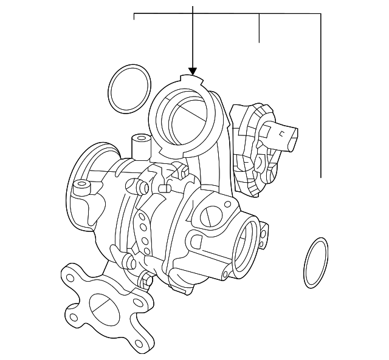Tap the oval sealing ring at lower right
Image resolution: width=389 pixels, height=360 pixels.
315,263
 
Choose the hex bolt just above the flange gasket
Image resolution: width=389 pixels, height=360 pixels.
145,280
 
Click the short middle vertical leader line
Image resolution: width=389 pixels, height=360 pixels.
260,28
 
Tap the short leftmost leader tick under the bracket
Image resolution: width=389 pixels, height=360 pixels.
134,17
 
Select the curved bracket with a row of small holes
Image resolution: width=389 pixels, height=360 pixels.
143,231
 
